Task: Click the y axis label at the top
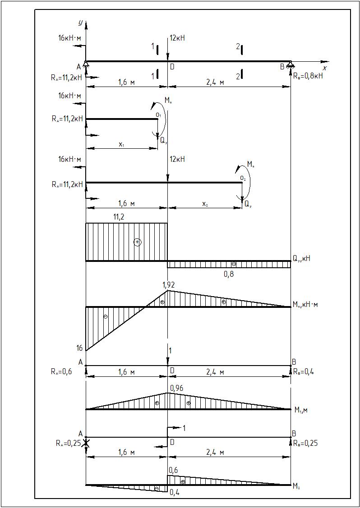[80, 22]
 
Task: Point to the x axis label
[324, 68]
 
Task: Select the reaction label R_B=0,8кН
[308, 76]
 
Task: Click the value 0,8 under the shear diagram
[229, 273]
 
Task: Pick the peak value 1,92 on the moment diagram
[169, 285]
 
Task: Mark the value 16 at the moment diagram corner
[79, 348]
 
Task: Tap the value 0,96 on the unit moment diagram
[176, 387]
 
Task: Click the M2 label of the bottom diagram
[297, 486]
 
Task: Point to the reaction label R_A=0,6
[62, 372]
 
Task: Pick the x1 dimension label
[122, 144]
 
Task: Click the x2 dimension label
[205, 204]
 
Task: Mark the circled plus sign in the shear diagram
[138, 242]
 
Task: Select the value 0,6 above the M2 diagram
[173, 470]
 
